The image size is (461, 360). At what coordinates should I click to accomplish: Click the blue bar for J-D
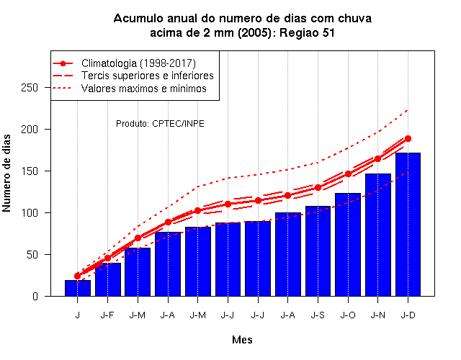coord(408,225)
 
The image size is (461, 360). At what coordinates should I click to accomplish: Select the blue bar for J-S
coord(318,251)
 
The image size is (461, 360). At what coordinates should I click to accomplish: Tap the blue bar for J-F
coord(108,279)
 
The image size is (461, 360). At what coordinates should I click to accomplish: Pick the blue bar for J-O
coord(348,245)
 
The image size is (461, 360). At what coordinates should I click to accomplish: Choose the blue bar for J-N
coord(378,235)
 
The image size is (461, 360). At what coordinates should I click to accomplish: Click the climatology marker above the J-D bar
coord(408,139)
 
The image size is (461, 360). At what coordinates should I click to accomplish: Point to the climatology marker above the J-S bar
coord(318,187)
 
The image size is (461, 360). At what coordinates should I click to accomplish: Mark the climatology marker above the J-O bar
coord(348,174)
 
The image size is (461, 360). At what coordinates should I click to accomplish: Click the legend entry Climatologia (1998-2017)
coord(138,63)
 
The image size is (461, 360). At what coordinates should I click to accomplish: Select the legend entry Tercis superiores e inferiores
coord(147,76)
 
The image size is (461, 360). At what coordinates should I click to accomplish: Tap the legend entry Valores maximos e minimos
coord(144,88)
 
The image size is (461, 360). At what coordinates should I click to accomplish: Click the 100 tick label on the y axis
coord(30,213)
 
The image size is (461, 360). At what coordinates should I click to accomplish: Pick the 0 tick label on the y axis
coord(35,296)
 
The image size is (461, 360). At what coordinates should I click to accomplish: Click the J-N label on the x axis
coord(377,315)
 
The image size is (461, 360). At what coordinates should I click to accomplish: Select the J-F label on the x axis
coord(107,315)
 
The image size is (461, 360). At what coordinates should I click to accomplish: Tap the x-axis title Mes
coord(242,340)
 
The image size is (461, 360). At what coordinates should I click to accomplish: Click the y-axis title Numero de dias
coord(6,173)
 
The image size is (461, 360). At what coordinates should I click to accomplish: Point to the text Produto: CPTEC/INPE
coord(160,124)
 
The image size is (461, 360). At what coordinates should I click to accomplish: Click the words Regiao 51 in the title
coord(308,32)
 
